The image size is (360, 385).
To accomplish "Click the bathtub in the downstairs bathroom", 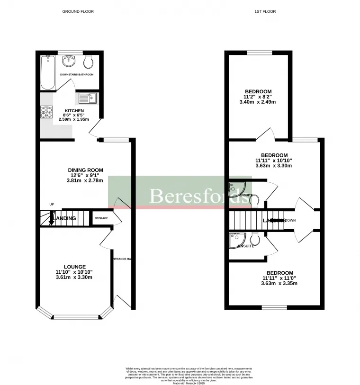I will pos(48,72).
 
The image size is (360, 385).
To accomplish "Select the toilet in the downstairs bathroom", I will pos(88,63).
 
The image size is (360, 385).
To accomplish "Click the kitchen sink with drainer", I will pos(87,98).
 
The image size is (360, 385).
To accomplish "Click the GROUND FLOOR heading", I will pos(78,11).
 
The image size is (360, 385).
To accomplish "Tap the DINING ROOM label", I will pos(85,170).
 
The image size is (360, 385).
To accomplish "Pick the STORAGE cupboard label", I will pos(101,218).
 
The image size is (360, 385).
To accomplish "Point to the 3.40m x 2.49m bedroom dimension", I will pos(258,102).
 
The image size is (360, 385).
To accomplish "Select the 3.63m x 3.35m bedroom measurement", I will pos(279,283).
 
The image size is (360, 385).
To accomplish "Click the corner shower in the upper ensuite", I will pos(235,188).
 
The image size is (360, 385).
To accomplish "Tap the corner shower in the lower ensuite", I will pos(235,240).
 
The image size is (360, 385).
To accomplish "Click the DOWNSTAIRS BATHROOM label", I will pos(76,75).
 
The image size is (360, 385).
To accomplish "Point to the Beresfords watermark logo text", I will pos(199,196).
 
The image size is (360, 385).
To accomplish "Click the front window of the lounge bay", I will pos(75,317).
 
